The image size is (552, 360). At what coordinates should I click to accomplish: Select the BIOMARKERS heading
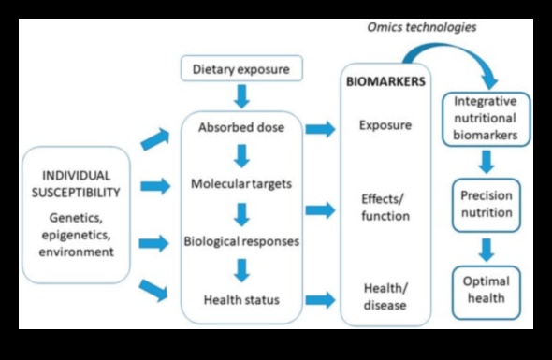coord(386,81)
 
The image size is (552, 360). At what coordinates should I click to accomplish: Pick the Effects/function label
coord(385,208)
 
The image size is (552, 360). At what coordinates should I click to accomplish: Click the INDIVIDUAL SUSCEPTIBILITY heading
coord(75,183)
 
